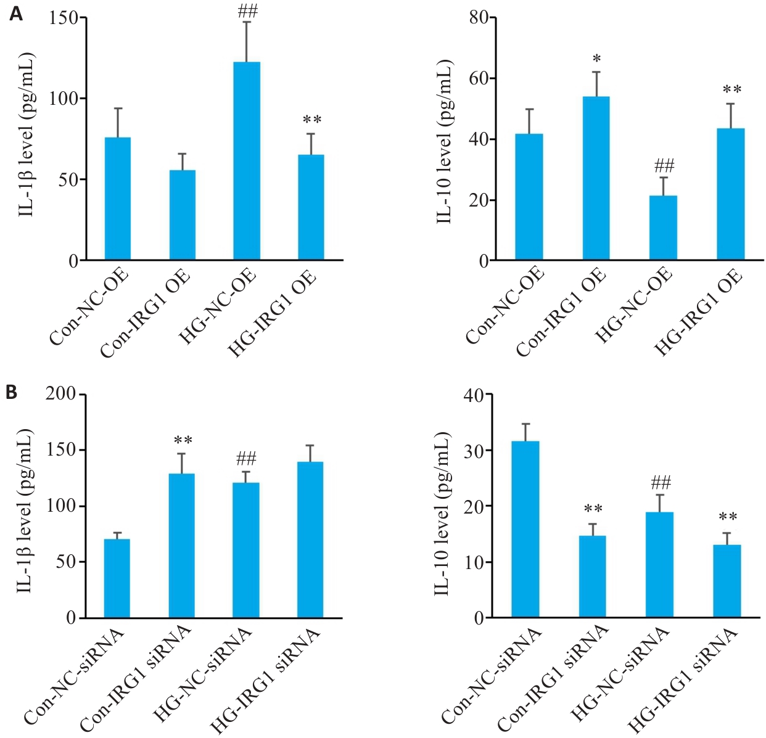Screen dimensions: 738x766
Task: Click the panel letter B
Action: tap(12, 393)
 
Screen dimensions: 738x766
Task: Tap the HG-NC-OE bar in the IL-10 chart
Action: tap(664, 228)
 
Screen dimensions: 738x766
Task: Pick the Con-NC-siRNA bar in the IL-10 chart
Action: tap(525, 529)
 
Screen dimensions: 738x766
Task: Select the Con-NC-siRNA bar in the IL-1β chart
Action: tap(117, 578)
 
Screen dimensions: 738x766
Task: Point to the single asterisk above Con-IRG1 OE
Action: tap(596, 59)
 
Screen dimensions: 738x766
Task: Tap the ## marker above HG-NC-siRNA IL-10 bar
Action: tap(660, 482)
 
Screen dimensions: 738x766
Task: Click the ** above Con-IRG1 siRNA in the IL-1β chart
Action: tap(183, 440)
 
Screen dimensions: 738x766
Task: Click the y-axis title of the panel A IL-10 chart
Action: tap(444, 142)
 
